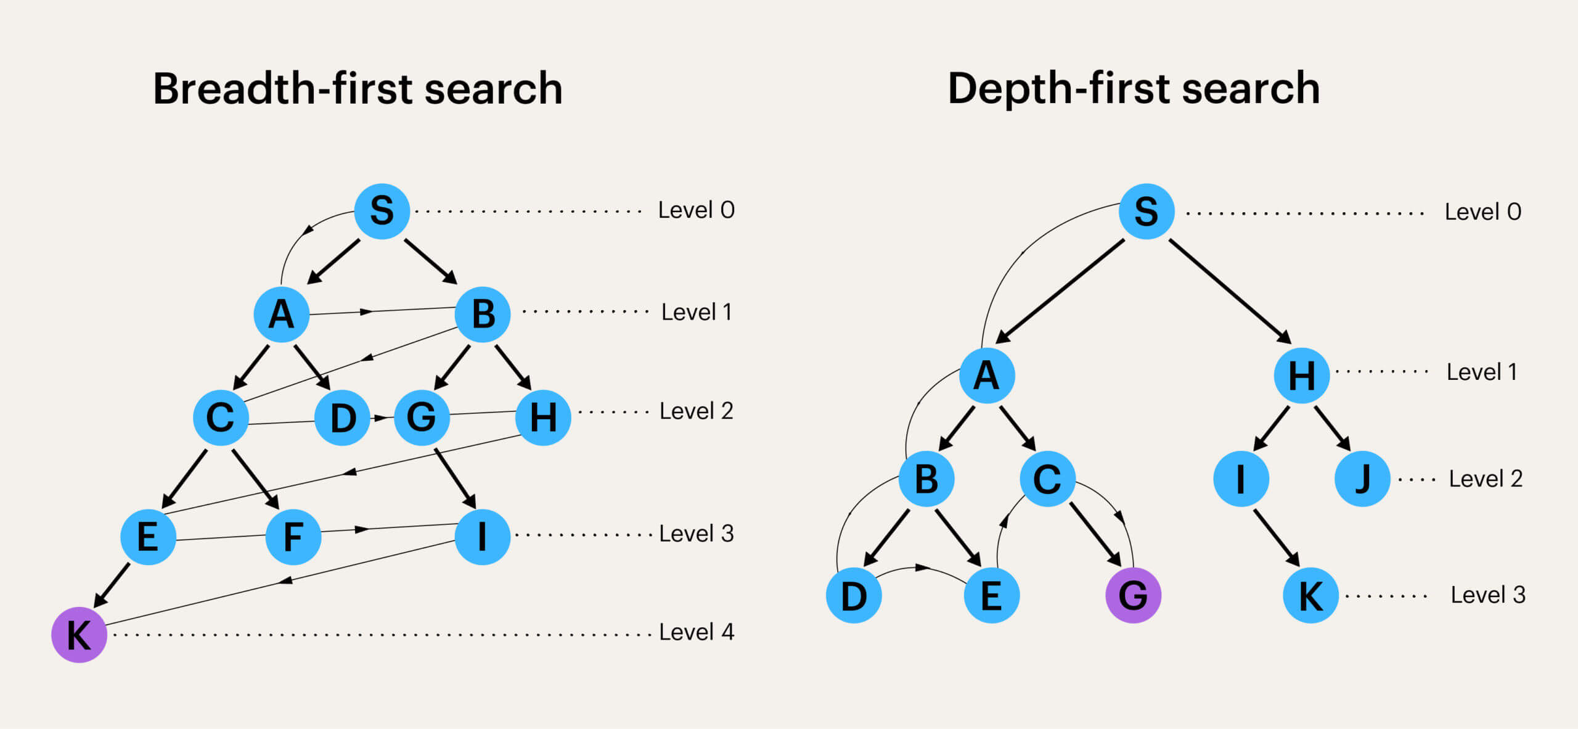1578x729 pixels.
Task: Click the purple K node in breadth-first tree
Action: click(79, 635)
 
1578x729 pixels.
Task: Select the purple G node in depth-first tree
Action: click(1133, 595)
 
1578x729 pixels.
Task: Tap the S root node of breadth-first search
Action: click(382, 211)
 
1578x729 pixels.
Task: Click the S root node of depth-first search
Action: click(1147, 211)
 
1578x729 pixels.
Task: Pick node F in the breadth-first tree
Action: click(293, 537)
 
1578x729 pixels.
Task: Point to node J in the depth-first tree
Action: click(1362, 479)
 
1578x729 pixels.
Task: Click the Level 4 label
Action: click(697, 632)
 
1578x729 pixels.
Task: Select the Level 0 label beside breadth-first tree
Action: click(697, 210)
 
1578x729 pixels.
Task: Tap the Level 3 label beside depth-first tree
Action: click(1488, 595)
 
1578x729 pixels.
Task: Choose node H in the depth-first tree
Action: click(1302, 375)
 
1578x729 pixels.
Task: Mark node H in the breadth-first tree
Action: click(543, 418)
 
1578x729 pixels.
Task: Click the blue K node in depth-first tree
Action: click(1311, 596)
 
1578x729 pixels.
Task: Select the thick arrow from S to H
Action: click(1230, 290)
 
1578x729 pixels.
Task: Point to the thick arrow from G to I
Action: click(455, 478)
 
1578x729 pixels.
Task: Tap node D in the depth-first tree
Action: click(854, 596)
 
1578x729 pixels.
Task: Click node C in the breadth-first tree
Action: click(221, 418)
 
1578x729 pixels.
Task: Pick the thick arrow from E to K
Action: click(112, 585)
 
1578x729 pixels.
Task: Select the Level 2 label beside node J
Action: click(1486, 479)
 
